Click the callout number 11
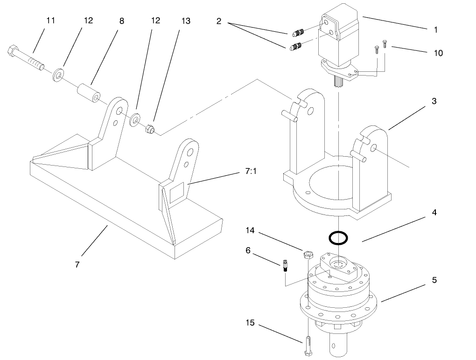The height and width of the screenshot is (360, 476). [x=50, y=21]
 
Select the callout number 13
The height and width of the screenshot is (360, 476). [x=186, y=21]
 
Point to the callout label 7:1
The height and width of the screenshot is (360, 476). [x=251, y=172]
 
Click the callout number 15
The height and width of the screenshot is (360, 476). [x=251, y=323]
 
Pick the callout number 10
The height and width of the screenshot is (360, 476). [x=438, y=53]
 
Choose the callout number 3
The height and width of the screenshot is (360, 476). [x=434, y=101]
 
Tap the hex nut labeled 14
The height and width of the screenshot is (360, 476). [x=308, y=255]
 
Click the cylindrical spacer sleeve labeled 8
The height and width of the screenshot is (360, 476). [x=90, y=92]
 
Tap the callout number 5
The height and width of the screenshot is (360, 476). [x=434, y=281]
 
